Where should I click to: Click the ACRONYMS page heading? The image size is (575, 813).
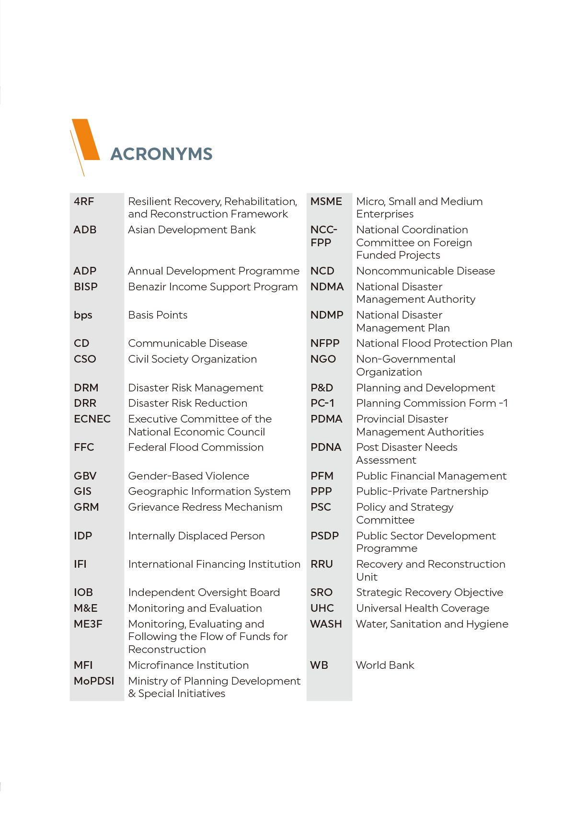[161, 154]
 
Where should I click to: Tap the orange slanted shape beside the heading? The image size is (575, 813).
[86, 139]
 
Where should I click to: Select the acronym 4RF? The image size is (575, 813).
[84, 202]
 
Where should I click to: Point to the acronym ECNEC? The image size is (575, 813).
[92, 419]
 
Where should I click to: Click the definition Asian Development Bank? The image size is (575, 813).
[192, 230]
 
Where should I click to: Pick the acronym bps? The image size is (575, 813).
[83, 315]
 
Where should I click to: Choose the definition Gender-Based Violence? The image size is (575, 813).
[189, 476]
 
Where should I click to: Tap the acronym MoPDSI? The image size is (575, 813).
[94, 681]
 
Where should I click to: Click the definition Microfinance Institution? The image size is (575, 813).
[188, 665]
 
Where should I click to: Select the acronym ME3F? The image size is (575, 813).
[88, 624]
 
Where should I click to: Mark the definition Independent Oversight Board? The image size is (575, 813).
[204, 593]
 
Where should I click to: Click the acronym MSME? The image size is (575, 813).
[326, 202]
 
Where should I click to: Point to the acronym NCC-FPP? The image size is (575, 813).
[323, 236]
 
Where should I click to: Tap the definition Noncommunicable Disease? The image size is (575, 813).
[425, 271]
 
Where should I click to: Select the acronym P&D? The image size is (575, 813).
[322, 388]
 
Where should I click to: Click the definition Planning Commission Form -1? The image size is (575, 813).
[432, 403]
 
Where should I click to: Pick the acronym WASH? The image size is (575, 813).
[326, 624]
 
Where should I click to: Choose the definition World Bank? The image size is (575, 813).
[385, 665]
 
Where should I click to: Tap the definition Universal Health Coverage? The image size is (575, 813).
[423, 608]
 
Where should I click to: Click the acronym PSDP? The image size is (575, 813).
[324, 536]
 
